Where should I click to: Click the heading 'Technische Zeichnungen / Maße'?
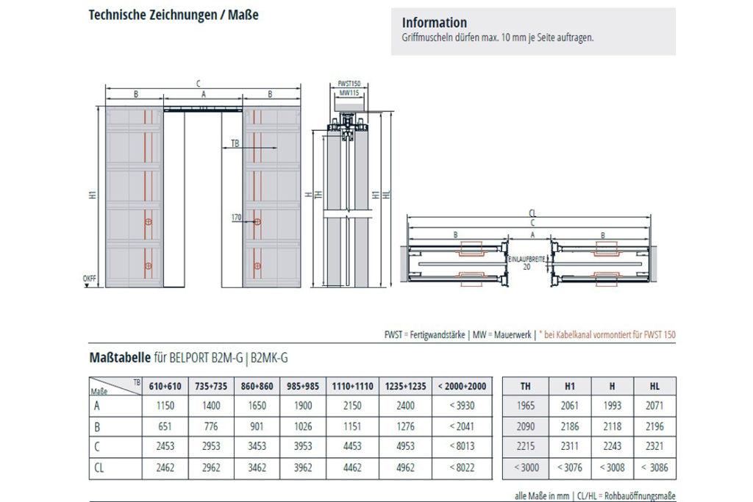(173, 14)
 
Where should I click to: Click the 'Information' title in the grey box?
(435, 23)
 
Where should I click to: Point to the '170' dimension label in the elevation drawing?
(237, 218)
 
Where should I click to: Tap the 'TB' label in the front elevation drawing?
(235, 143)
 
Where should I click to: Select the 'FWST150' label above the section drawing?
(349, 85)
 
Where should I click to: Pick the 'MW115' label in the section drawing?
(349, 93)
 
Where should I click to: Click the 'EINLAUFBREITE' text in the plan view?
(527, 259)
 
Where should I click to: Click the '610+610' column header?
(165, 386)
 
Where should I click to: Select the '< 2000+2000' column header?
(461, 386)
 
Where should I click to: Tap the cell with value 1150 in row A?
(165, 406)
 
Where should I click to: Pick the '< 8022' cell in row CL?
(461, 466)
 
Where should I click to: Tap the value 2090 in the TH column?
(525, 426)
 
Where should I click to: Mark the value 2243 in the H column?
(610, 446)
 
